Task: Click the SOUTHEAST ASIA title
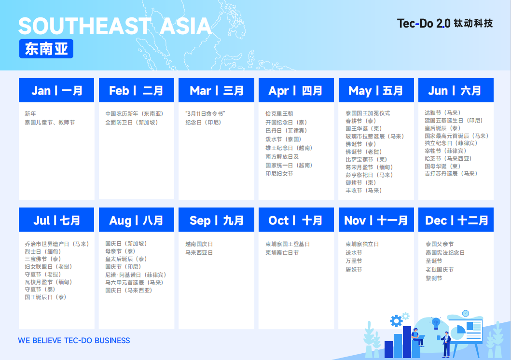[115, 26]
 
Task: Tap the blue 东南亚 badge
[46, 49]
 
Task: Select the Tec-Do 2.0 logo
[445, 24]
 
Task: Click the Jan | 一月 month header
[56, 90]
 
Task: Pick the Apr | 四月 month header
[296, 90]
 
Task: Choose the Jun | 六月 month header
[456, 90]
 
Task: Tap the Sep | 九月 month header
[216, 220]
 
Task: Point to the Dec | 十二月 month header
[456, 220]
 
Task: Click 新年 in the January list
[30, 114]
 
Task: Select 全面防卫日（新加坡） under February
[132, 123]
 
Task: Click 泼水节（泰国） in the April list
[284, 139]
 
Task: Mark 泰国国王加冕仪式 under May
[368, 113]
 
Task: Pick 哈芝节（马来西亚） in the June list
[448, 159]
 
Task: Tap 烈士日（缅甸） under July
[43, 251]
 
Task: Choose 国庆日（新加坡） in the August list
[126, 244]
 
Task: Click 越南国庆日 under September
[199, 244]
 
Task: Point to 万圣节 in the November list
[354, 261]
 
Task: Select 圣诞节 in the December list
[434, 261]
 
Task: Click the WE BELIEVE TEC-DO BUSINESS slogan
[74, 340]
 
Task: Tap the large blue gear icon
[396, 321]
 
